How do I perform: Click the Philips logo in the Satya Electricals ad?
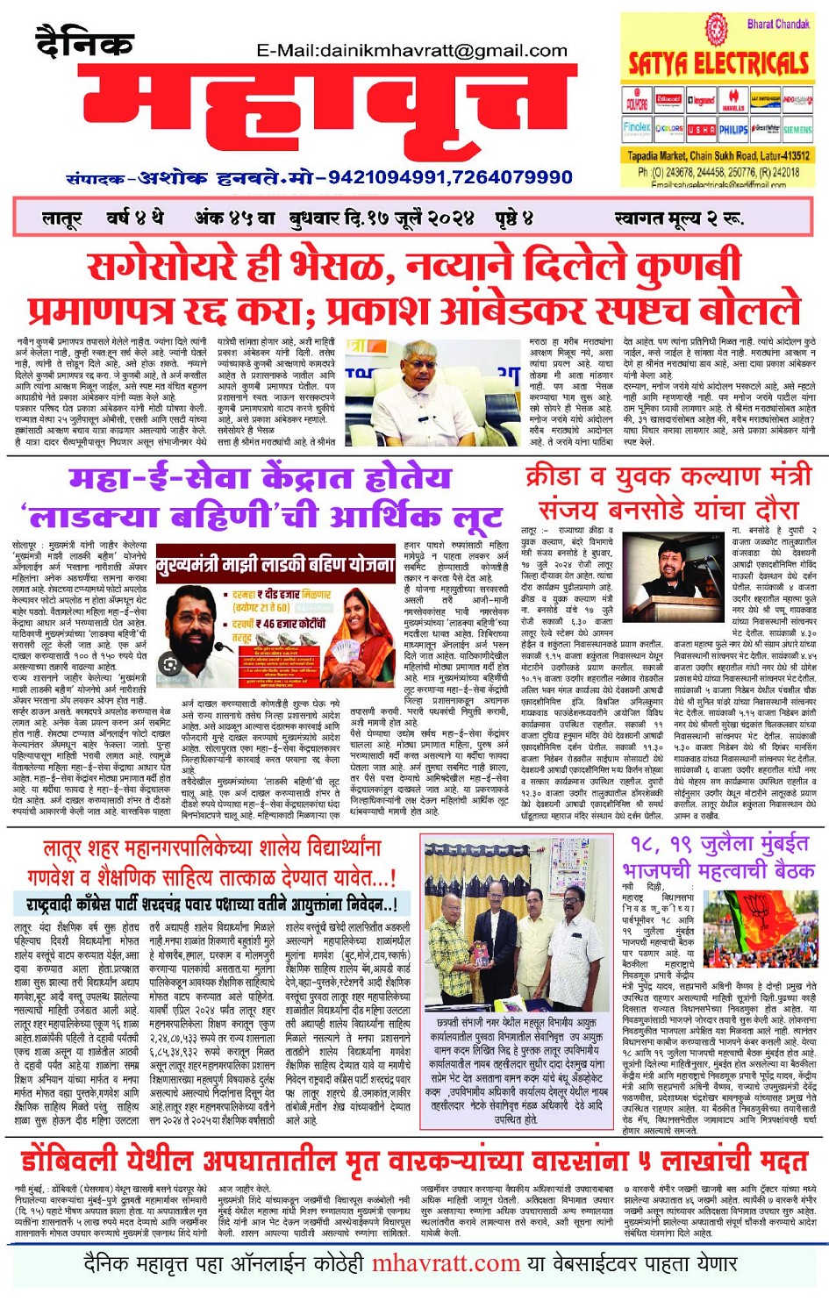click(x=733, y=129)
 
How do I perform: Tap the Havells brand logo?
click(x=733, y=101)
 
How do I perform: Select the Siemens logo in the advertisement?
click(x=797, y=129)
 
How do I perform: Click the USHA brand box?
click(x=701, y=129)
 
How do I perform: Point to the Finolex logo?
click(x=637, y=128)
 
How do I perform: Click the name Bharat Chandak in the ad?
click(x=777, y=25)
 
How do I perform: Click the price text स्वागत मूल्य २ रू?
click(x=679, y=218)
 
